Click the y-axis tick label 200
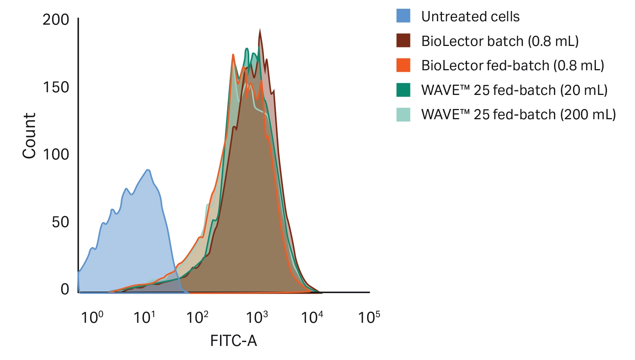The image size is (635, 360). (x=55, y=20)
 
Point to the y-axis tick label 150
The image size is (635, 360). (x=55, y=87)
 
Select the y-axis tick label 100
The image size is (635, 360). (x=55, y=155)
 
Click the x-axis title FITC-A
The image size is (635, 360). (x=233, y=341)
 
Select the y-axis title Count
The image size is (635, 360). (x=29, y=136)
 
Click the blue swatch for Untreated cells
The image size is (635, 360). (x=403, y=16)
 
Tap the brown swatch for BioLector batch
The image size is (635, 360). (x=403, y=41)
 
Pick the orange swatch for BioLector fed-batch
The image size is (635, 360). (x=403, y=65)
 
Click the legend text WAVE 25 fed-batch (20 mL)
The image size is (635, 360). (x=514, y=90)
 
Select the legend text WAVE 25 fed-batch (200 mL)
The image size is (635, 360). (x=518, y=114)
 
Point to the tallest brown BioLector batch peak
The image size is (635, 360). (x=260, y=30)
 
